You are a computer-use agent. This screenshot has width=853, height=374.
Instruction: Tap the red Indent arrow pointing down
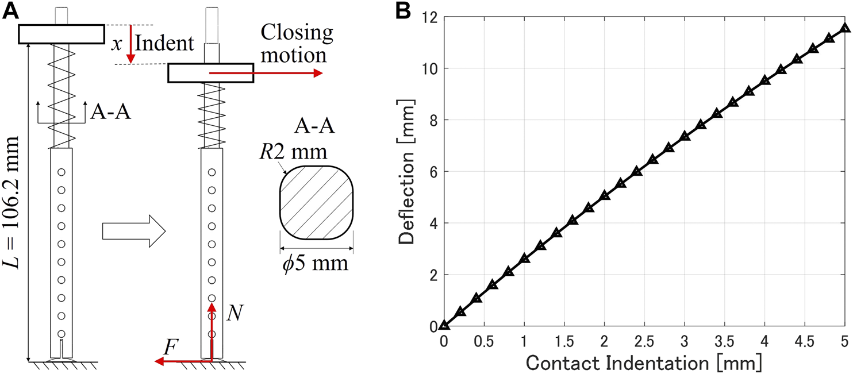pyautogui.click(x=130, y=43)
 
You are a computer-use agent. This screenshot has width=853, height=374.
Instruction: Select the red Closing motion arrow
pyautogui.click(x=265, y=73)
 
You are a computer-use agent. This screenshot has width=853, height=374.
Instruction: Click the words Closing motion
pyautogui.click(x=297, y=44)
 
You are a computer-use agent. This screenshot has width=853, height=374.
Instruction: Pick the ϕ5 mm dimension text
pyautogui.click(x=316, y=266)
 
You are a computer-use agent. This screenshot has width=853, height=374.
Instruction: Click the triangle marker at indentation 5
pyautogui.click(x=844, y=28)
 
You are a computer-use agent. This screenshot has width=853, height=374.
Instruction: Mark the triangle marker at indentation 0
pyautogui.click(x=444, y=325)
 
